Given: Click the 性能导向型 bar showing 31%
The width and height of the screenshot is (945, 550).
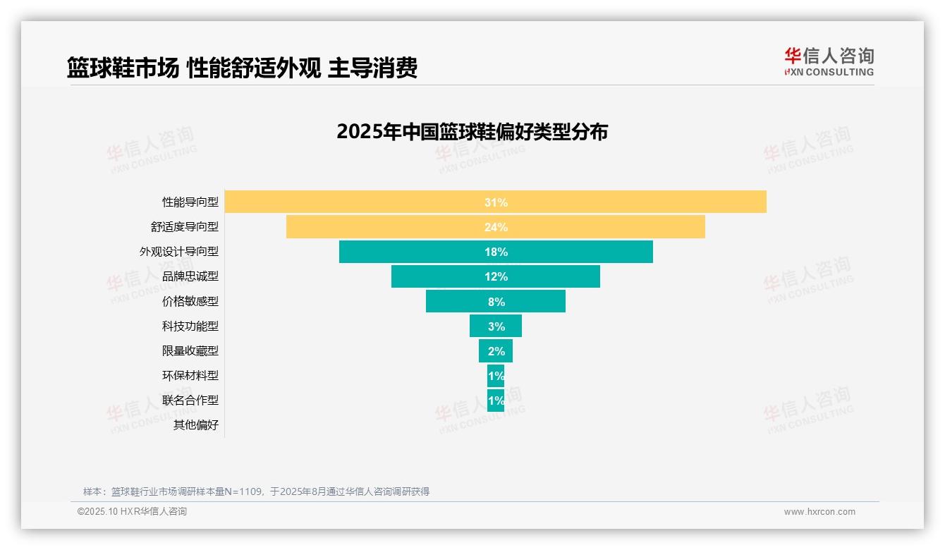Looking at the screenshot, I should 495,202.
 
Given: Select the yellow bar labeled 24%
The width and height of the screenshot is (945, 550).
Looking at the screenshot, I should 495,226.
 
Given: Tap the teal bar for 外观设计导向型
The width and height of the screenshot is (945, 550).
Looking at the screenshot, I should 495,252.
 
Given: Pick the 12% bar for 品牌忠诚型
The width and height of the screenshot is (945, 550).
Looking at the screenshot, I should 495,276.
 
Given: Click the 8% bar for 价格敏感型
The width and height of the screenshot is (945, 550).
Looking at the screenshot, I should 495,301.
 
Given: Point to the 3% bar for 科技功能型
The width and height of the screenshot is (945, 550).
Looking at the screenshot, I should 495,326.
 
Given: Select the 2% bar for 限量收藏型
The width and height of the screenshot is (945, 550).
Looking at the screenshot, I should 495,350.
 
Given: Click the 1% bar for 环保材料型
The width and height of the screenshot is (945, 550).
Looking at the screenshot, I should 495,375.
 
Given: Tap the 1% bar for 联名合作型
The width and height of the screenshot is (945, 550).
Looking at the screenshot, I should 495,400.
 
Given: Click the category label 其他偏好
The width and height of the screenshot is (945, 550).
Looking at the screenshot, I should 196,424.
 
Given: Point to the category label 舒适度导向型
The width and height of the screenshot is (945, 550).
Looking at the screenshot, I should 184,226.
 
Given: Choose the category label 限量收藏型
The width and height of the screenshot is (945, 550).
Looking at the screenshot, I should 190,350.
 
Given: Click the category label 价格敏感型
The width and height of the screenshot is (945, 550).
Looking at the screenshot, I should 190,301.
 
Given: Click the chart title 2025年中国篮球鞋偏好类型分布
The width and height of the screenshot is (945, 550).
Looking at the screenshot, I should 472,132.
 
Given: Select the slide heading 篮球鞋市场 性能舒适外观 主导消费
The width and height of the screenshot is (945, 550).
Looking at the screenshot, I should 242,68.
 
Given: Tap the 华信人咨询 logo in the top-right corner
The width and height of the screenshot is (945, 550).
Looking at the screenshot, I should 829,61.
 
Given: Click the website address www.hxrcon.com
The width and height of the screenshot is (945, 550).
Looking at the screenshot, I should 819,512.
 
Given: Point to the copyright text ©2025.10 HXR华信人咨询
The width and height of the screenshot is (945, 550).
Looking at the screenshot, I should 132,512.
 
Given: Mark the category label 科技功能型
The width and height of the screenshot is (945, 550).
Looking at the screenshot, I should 190,326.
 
